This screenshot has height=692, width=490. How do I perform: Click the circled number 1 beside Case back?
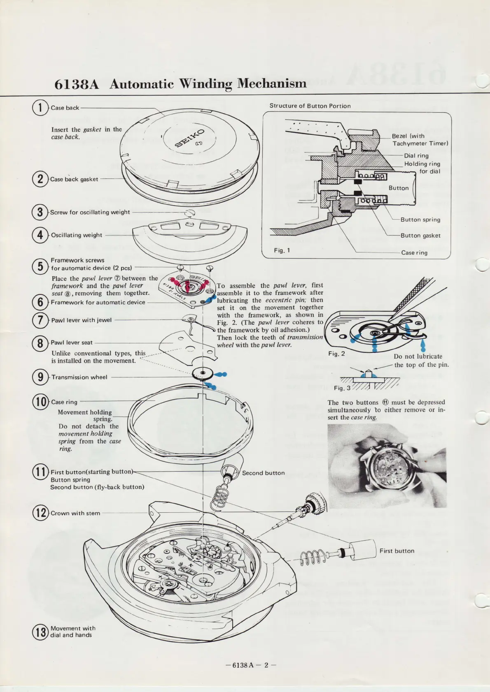[40, 108]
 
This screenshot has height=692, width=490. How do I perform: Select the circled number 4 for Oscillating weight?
[40, 235]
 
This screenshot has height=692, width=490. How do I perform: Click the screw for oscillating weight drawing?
[190, 213]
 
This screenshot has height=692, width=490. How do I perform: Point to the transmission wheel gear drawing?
[202, 374]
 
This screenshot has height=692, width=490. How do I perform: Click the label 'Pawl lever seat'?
[72, 343]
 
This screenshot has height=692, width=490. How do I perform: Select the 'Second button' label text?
[263, 473]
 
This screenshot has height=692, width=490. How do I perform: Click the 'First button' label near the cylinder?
[397, 551]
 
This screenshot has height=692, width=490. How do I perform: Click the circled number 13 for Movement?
[40, 632]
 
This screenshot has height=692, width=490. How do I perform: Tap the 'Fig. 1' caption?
[282, 250]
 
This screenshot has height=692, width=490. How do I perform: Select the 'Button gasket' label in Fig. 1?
[420, 236]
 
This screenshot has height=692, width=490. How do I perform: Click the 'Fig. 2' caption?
[336, 354]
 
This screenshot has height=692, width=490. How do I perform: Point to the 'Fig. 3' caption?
[342, 388]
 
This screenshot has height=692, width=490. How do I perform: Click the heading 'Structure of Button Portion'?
[310, 106]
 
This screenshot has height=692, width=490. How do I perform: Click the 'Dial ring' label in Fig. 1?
[416, 155]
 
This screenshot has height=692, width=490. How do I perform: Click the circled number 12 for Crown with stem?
[40, 513]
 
